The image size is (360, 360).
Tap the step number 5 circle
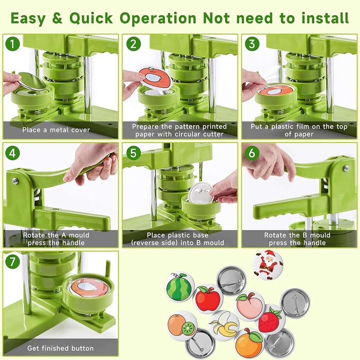133,153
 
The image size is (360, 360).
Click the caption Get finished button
60,348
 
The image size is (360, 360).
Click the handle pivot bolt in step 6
346,168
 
